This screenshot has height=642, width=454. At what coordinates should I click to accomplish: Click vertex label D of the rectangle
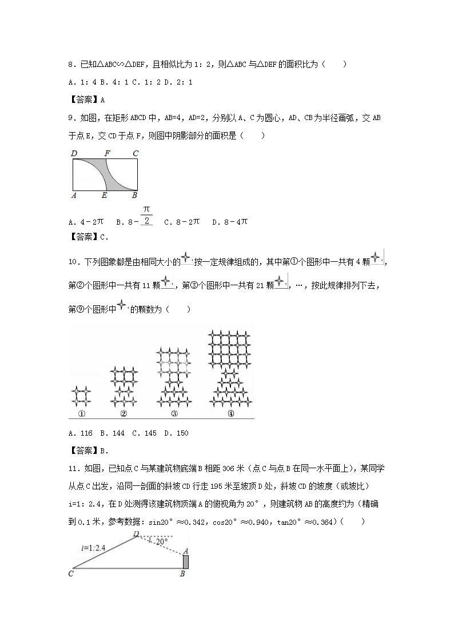74,153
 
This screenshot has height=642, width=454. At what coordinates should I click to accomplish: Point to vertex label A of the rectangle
74,196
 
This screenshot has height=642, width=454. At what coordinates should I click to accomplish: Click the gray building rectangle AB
185,562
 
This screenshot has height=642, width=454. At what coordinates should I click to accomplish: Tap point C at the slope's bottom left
71,573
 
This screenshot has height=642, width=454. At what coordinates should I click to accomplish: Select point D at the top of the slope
136,533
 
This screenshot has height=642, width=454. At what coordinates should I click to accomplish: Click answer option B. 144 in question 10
112,433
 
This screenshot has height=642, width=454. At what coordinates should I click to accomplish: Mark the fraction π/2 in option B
146,216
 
